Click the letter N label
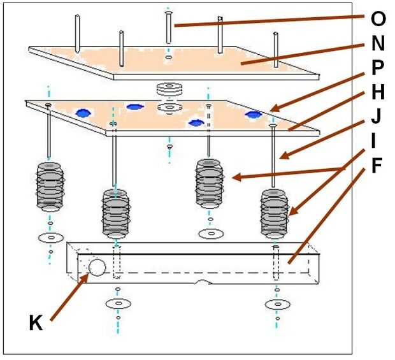tap(378, 45)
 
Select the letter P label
tap(378, 69)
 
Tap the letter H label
tap(378, 94)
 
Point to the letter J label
tap(378, 118)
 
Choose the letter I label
tap(378, 141)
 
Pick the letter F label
tap(378, 167)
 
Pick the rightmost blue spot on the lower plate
tap(254, 115)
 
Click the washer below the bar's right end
tap(278, 305)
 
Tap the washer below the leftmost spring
tap(50, 237)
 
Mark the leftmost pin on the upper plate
tap(77, 33)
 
